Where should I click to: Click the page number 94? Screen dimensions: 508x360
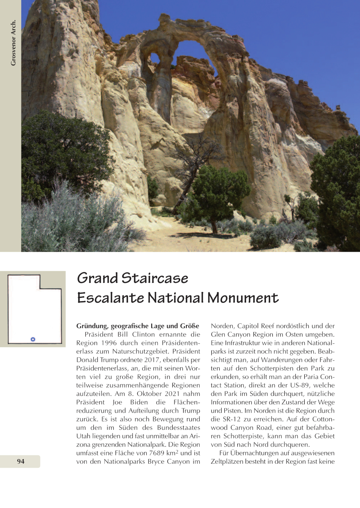[21, 461]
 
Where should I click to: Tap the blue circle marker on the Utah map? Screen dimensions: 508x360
[33, 339]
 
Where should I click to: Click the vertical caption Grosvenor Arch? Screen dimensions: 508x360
[13, 43]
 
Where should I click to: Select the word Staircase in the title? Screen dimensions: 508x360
[155, 278]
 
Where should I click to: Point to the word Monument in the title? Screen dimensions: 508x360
[243, 298]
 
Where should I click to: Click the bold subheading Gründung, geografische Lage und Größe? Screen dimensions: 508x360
[138, 326]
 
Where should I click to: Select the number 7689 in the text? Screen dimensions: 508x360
[156, 453]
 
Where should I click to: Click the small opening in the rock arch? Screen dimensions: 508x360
[155, 58]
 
